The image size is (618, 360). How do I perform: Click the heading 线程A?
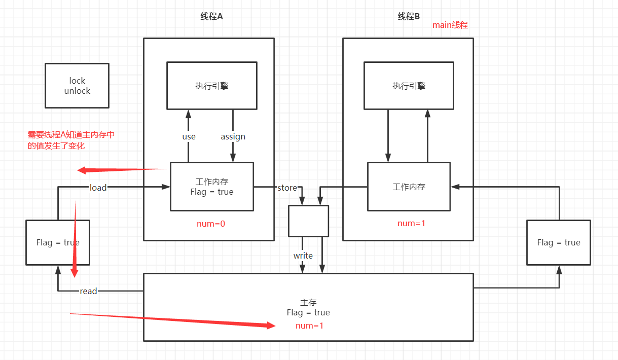(211, 16)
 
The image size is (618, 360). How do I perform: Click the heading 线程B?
(409, 16)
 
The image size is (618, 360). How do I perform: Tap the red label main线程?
(450, 25)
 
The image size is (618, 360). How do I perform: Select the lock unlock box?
(77, 86)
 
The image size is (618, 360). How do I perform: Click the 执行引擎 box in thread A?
(212, 86)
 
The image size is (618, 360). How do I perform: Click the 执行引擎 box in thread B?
(409, 86)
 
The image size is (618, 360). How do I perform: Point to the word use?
(189, 136)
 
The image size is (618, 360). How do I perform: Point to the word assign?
(233, 136)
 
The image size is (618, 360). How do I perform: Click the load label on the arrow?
(98, 188)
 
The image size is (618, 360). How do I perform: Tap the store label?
(287, 188)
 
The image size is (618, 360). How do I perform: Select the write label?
(303, 256)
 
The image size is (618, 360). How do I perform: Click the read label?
(88, 291)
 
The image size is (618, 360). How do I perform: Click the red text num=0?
(211, 223)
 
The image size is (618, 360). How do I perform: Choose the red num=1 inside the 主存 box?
(309, 326)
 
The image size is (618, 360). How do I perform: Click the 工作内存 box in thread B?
(409, 187)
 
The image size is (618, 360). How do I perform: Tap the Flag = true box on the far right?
(558, 242)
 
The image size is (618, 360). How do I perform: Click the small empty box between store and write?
(308, 221)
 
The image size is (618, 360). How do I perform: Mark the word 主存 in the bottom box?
(308, 303)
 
